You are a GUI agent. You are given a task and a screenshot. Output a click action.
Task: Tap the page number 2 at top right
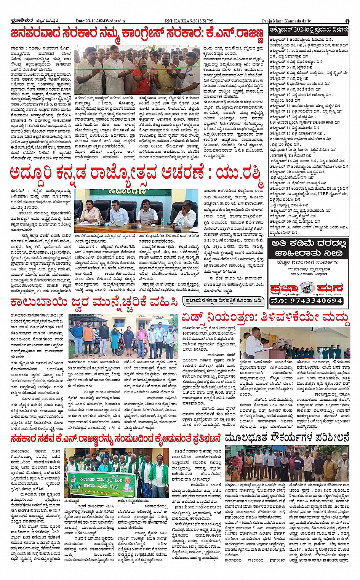347,21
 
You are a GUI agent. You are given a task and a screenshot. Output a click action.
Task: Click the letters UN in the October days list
273,122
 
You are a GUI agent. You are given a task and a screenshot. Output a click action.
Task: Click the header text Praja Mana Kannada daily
286,21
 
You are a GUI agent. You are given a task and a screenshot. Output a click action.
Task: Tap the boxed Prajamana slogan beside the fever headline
223,301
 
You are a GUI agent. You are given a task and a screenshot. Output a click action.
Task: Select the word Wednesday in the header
116,21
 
